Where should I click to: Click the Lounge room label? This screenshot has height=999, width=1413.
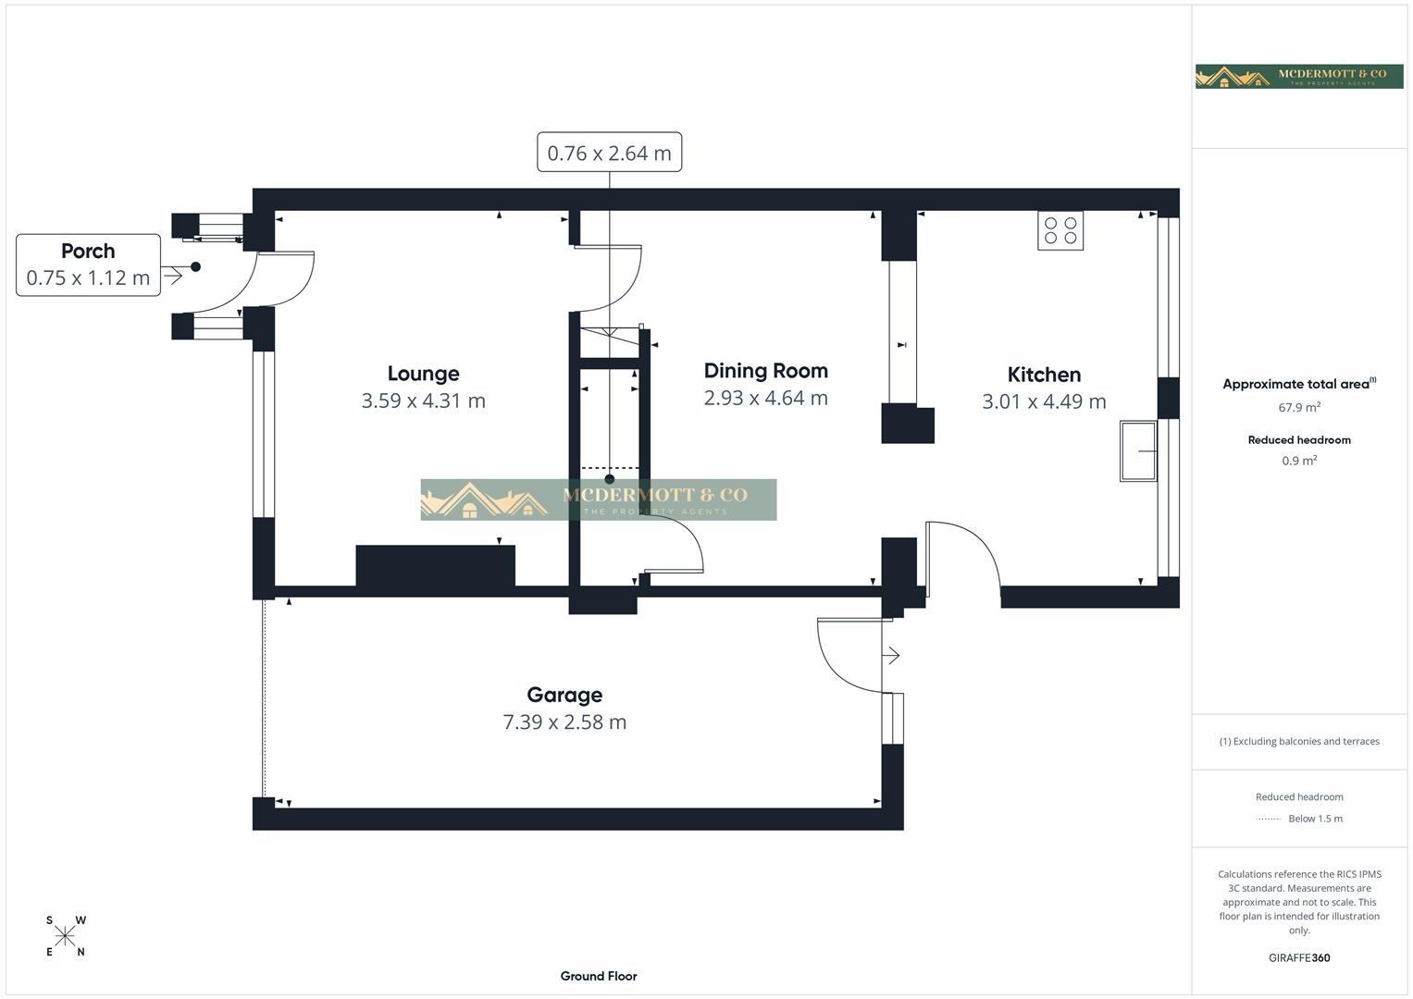423,374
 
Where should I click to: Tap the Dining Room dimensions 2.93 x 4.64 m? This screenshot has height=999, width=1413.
765,398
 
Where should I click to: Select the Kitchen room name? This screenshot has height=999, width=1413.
1044,375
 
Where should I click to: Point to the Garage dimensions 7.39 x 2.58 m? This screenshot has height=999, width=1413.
564,721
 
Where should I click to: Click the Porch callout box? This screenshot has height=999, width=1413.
88,265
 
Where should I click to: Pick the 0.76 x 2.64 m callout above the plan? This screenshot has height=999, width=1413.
609,153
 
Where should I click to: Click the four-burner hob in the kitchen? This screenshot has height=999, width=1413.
1060,231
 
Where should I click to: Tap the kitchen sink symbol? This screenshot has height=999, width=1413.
1138,451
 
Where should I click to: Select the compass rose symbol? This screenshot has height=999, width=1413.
65,936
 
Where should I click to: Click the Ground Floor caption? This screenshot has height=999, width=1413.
599,976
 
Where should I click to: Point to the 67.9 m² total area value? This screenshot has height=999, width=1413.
1299,407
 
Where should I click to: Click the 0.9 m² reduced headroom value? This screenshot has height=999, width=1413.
1299,461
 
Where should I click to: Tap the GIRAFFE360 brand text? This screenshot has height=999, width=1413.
1299,958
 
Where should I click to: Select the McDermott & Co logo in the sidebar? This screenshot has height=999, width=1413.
1299,76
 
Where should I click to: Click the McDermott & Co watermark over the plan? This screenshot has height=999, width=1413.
599,499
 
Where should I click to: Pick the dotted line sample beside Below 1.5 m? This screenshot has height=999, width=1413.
1269,819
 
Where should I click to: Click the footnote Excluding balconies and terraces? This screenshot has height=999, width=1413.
1299,741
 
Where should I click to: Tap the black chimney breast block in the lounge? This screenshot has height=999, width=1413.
435,566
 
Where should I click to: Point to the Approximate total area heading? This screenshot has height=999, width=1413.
1297,384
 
